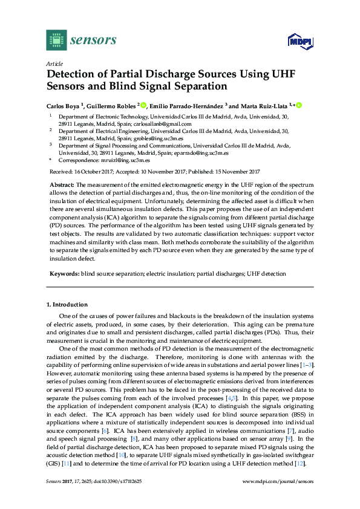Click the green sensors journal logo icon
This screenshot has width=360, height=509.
click(56, 41)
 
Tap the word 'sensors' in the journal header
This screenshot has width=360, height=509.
click(93, 41)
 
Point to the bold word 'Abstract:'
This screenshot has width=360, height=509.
click(62, 184)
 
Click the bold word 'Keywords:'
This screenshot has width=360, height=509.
click(64, 274)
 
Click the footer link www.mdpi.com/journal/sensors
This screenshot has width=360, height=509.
click(278, 481)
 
